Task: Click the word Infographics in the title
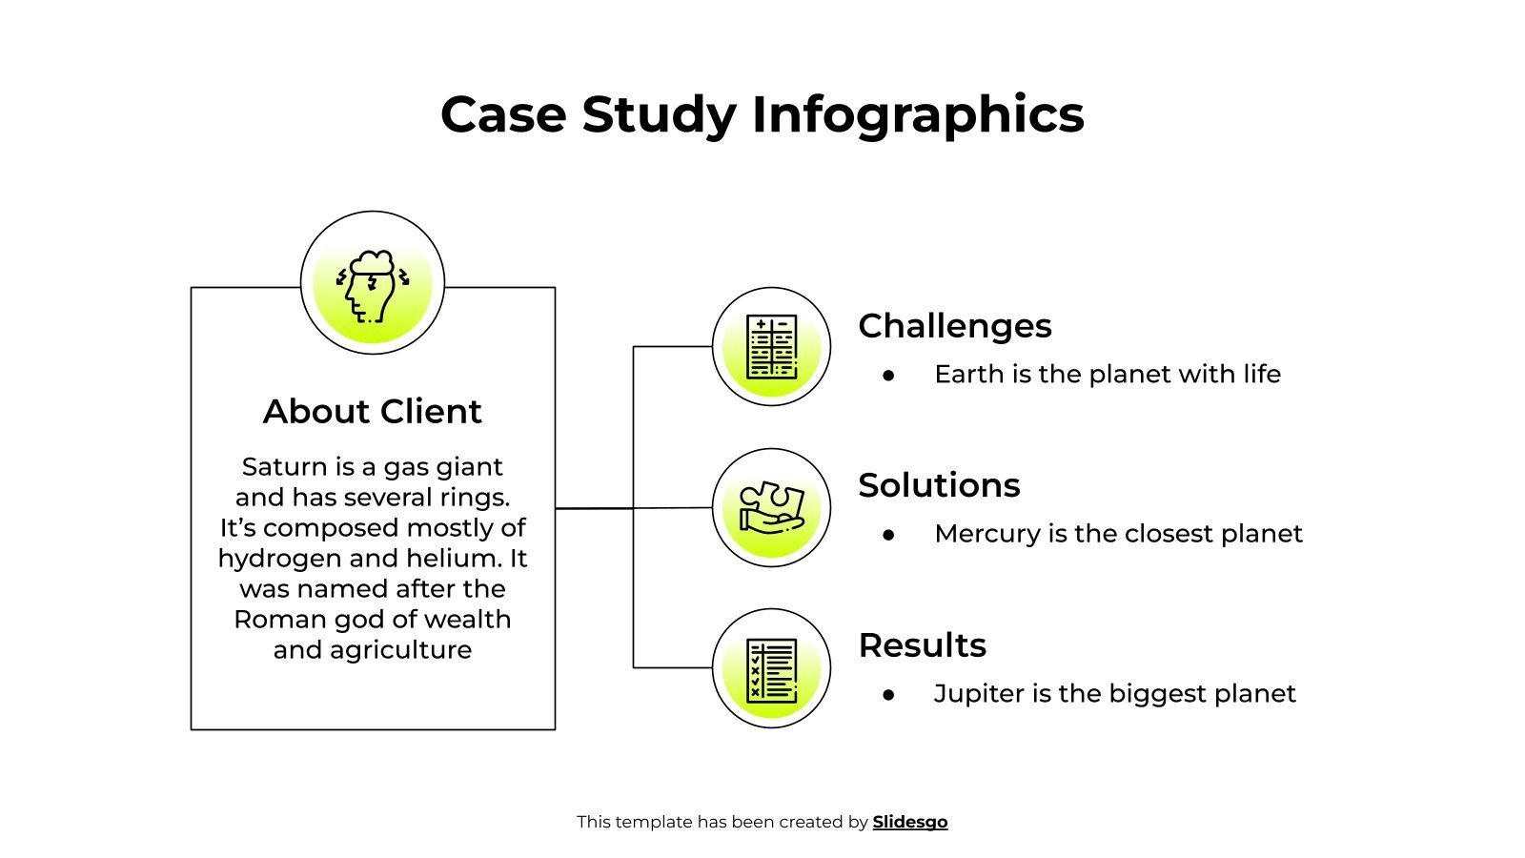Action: (x=918, y=115)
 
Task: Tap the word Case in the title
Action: (x=502, y=115)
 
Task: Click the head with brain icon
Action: (x=373, y=283)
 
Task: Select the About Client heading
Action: (x=373, y=412)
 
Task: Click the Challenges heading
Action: (x=955, y=326)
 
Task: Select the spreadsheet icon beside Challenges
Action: (x=771, y=347)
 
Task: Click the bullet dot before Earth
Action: (x=889, y=376)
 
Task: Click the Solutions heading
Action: (x=939, y=485)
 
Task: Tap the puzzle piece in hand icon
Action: (x=771, y=508)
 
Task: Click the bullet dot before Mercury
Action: (x=889, y=535)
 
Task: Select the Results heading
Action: (x=922, y=645)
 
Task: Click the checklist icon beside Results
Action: (x=771, y=669)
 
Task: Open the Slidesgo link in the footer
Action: (x=910, y=822)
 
